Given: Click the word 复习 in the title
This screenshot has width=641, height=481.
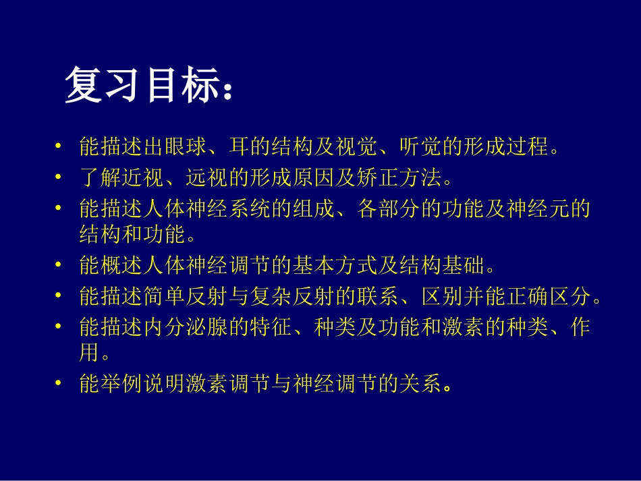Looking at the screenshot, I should tap(103, 86).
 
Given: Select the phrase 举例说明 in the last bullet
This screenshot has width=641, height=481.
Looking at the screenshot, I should tap(138, 385).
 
